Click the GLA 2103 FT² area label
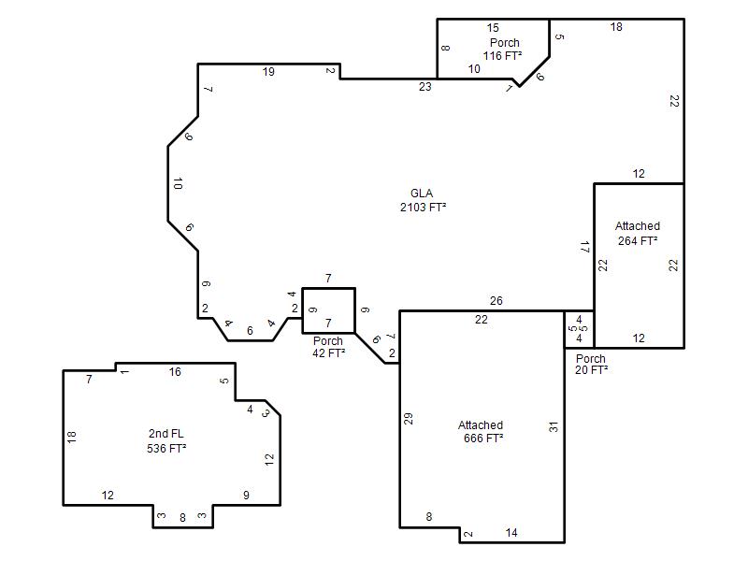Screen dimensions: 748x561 (423, 200)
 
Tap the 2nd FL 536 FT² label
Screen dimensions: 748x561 (166, 440)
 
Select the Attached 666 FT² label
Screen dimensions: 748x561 (481, 431)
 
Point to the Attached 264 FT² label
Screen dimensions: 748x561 (638, 233)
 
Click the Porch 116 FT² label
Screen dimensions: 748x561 (502, 50)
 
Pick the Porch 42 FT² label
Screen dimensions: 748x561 (328, 347)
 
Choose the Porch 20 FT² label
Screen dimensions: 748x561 (591, 364)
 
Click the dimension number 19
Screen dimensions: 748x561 (268, 72)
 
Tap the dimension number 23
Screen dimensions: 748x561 (425, 87)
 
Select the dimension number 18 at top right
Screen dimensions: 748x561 (616, 27)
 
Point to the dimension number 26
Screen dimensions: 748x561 (496, 300)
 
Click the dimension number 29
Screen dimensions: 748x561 (409, 419)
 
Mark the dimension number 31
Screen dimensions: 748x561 (554, 427)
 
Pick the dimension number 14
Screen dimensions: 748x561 (511, 532)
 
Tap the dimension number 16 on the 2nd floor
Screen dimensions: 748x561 (175, 371)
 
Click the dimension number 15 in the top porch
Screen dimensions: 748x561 (493, 28)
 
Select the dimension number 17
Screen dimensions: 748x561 (585, 247)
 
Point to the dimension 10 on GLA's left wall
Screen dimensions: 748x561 (178, 183)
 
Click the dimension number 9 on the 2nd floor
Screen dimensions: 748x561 (246, 496)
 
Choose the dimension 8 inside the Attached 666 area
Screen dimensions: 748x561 (429, 517)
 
